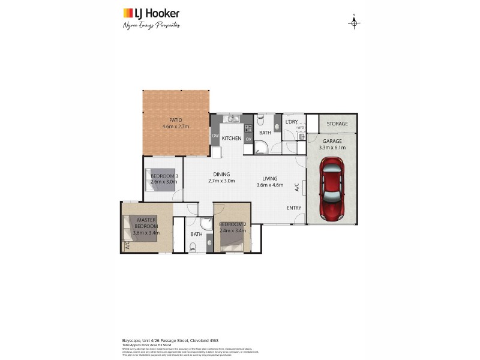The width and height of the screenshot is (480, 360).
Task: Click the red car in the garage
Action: tap(332, 188)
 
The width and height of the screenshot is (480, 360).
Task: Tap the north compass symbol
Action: tap(354, 23)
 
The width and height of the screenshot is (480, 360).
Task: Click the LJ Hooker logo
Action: tap(151, 13)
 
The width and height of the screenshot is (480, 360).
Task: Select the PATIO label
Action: tap(175, 119)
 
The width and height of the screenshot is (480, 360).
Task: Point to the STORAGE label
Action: tap(337, 124)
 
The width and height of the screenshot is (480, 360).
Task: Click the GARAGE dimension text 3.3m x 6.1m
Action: tap(332, 147)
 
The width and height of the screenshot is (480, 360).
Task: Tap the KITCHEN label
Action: tap(232, 139)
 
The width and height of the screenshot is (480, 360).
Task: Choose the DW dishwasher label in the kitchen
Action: tap(215, 136)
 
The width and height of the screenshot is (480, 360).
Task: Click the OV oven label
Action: tap(248, 139)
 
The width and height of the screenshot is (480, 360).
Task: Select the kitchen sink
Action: tap(232, 119)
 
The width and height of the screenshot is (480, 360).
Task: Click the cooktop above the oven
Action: tap(248, 128)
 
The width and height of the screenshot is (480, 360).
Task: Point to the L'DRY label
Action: tap(292, 122)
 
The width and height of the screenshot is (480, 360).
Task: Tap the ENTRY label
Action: tap(294, 208)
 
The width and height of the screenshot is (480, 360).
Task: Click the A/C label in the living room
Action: tap(297, 187)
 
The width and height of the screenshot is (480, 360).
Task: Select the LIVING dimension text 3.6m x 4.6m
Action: tap(269, 185)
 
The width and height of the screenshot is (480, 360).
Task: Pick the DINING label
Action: tap(221, 174)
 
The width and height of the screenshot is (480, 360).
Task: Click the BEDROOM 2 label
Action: tap(233, 224)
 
